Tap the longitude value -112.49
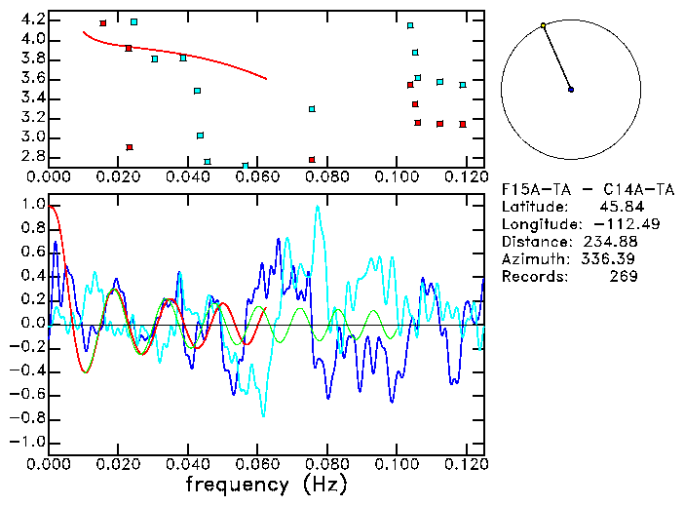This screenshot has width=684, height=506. tap(611, 225)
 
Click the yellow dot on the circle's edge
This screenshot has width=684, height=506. tap(543, 25)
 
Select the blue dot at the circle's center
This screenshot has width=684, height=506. tap(571, 90)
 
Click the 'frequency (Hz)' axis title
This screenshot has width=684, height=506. tap(266, 484)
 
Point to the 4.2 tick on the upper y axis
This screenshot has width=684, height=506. tap(32, 19)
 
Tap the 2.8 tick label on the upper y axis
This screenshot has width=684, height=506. tap(32, 156)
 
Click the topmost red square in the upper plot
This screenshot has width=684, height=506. tap(103, 22)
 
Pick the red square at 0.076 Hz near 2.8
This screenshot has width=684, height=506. tap(312, 160)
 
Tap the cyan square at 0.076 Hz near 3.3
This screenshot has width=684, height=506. tap(312, 109)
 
